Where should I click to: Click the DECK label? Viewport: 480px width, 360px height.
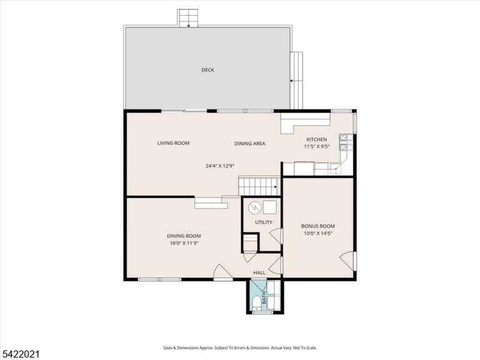(207, 70)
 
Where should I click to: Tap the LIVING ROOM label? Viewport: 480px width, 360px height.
(173, 143)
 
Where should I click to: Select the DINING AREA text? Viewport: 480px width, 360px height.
(250, 143)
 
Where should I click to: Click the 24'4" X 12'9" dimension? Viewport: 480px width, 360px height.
(220, 166)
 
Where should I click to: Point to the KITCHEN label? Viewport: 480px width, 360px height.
(317, 139)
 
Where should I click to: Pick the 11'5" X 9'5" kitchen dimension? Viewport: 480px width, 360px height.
(316, 146)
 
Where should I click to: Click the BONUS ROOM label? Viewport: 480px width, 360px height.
(318, 226)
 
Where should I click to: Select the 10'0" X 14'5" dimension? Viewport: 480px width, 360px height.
(318, 233)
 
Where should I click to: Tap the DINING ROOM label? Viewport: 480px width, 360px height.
(184, 236)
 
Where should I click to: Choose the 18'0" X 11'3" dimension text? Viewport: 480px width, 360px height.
(184, 243)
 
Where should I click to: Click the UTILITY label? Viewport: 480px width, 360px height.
(264, 222)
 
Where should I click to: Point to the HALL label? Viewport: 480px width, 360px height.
(259, 272)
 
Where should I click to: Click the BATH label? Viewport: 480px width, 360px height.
(264, 297)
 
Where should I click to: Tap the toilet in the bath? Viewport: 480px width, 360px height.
(256, 302)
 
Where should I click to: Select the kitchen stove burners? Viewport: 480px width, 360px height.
(346, 142)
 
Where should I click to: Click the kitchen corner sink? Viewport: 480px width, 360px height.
(336, 169)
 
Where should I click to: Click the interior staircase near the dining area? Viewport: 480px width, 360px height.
(259, 186)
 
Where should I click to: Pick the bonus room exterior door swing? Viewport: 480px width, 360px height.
(347, 261)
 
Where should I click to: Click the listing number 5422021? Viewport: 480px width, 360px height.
(20, 354)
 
